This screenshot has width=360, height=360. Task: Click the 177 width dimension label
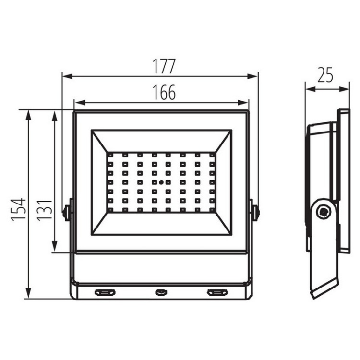[x=164, y=66]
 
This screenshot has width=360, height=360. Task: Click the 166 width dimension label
[x=164, y=93]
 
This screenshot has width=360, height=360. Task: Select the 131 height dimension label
[x=45, y=211]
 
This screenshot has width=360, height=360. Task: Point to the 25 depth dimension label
[x=325, y=75]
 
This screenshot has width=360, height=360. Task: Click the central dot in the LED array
[x=161, y=182]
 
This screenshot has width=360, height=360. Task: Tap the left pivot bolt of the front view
[x=66, y=211]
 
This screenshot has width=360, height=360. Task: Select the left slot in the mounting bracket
[x=105, y=292]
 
